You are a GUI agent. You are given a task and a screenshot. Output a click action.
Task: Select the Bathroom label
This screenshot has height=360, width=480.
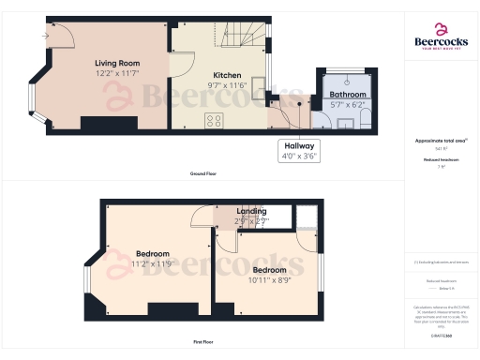[x=347, y=95]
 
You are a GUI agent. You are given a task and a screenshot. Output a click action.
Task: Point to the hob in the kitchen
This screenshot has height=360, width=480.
[x=214, y=120]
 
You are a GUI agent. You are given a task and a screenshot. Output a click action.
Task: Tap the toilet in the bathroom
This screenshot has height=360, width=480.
[x=365, y=119]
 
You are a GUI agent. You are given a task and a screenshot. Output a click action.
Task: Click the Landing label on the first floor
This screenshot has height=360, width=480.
[x=250, y=212]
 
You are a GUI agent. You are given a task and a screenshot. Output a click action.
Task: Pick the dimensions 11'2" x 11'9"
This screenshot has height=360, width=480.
[x=153, y=264]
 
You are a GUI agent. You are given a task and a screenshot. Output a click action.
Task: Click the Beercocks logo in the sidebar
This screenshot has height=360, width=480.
[x=441, y=37]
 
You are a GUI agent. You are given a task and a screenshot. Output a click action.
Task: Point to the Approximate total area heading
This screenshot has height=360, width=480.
[x=441, y=141]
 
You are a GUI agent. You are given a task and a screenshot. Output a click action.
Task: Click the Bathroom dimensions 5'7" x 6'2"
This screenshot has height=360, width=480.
[x=347, y=105]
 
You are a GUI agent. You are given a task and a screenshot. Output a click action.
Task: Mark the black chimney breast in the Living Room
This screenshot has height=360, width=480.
[x=99, y=124]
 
